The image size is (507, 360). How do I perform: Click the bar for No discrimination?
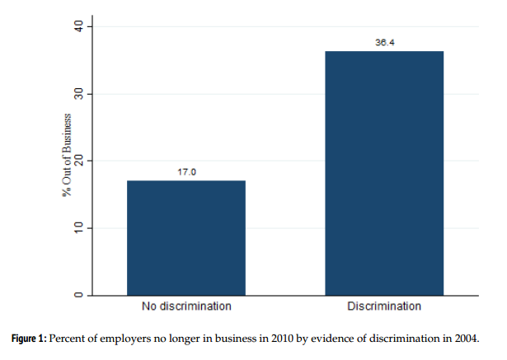pos(186,237)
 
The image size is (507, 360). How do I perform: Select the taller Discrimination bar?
pos(384,173)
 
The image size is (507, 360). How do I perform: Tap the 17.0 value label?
pos(186,172)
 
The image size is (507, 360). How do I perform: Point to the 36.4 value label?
pos(384,43)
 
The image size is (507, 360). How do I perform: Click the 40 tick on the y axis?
pos(78,27)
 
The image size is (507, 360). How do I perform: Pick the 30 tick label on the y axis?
pos(78,94)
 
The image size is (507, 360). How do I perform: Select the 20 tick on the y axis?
pos(78,161)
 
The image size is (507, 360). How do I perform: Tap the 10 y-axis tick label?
pos(78,227)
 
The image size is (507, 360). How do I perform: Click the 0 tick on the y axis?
pos(78,295)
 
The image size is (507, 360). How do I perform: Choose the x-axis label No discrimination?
pos(186,307)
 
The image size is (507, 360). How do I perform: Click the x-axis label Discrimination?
pos(384,307)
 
